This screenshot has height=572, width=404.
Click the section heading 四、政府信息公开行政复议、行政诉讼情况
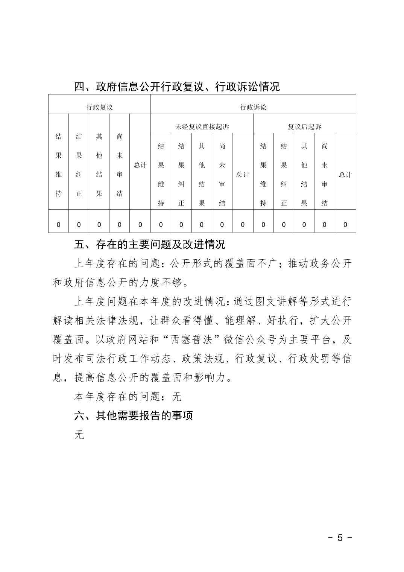point(177,87)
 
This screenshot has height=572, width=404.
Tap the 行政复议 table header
point(99,107)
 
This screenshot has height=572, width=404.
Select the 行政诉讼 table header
point(253,107)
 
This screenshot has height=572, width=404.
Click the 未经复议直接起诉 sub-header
point(202,127)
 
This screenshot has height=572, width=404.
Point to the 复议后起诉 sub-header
point(304,127)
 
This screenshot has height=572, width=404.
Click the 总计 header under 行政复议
point(140,165)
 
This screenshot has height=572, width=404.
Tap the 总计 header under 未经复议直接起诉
point(242,175)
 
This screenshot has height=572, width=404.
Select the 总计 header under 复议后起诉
point(345,175)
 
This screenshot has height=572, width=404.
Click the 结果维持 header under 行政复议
point(58,165)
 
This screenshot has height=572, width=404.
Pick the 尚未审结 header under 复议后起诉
point(324,175)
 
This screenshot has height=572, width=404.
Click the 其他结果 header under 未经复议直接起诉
point(202,175)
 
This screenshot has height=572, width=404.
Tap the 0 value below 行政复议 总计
point(140,225)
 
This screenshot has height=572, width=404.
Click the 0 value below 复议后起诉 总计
point(345,225)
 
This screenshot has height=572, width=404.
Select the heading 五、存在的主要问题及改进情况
point(150,244)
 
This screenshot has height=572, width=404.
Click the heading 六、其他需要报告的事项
point(134,415)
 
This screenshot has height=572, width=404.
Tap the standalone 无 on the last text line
point(79,435)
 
